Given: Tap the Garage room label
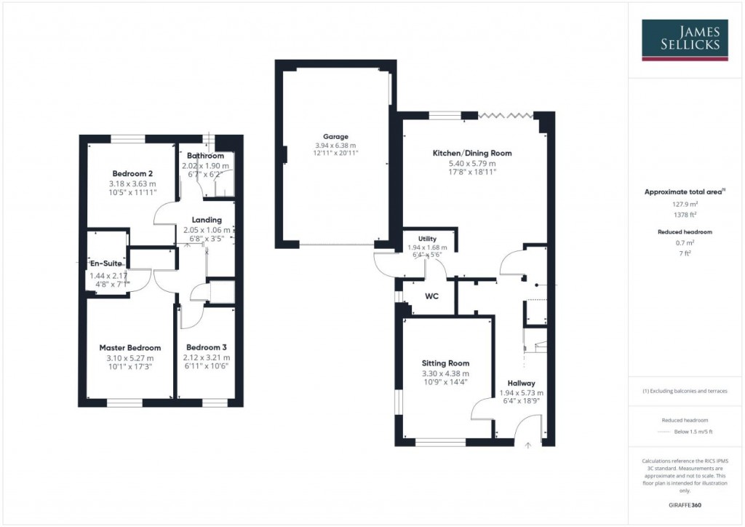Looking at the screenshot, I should [336, 136].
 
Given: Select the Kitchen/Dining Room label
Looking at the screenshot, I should [472, 154].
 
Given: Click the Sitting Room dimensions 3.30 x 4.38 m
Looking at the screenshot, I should [445, 374].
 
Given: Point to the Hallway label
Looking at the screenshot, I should [522, 383].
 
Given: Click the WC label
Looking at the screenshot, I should [432, 297].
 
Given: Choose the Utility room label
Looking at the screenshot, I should [427, 239].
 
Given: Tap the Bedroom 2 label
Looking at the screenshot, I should [131, 173].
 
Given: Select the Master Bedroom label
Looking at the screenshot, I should [130, 348].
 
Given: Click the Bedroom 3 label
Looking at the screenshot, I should [206, 348].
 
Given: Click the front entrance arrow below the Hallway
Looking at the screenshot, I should [528, 444].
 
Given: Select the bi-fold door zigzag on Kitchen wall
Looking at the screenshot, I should [506, 114].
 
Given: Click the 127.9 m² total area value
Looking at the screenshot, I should [684, 205].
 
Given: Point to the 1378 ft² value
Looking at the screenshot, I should [684, 215].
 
